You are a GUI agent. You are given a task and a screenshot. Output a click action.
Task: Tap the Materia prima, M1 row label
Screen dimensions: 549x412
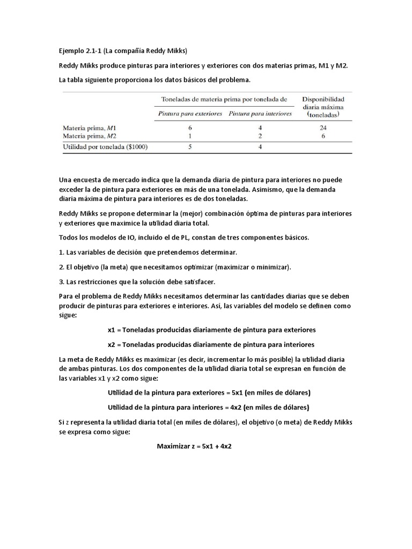[89, 129]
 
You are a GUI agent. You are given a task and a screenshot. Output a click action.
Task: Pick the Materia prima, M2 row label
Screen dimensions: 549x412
[90, 136]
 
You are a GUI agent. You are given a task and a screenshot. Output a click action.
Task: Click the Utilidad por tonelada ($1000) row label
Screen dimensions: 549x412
[105, 146]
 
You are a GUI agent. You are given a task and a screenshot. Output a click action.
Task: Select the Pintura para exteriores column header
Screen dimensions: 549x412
[190, 114]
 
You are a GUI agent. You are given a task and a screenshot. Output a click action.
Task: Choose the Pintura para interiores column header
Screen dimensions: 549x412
[260, 114]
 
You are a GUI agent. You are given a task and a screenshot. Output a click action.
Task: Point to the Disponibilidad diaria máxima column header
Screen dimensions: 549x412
[323, 107]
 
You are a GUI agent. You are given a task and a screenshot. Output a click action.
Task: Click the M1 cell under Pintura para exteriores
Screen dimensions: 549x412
[190, 128]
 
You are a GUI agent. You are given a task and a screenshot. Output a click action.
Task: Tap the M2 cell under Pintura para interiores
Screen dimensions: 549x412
[260, 136]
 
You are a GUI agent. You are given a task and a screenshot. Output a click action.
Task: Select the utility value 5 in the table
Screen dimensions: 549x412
[190, 146]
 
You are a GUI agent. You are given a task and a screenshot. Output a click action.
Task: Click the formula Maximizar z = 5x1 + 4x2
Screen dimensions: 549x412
[194, 446]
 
